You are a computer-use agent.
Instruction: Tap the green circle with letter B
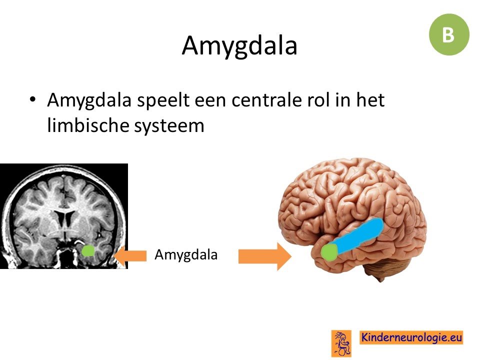click(449, 34)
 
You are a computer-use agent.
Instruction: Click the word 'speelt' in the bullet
click(163, 100)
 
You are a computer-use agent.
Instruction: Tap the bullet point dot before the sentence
click(32, 99)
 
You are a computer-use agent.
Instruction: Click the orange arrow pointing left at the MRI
click(130, 255)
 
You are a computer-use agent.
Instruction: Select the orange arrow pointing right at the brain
click(265, 256)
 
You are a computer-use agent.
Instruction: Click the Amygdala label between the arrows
click(186, 254)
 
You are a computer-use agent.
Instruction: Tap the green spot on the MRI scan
click(88, 250)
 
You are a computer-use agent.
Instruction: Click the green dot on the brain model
click(329, 252)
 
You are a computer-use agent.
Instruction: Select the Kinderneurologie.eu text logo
click(411, 337)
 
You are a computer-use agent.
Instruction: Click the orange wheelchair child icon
click(341, 343)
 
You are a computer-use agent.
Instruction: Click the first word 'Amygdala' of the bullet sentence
click(89, 100)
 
